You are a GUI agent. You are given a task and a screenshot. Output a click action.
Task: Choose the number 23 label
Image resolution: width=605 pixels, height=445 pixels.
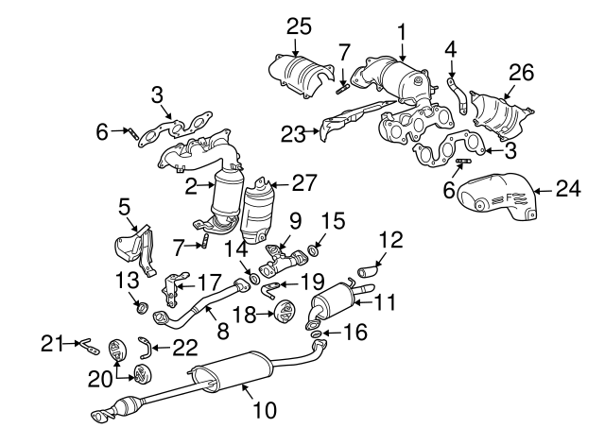[291, 136]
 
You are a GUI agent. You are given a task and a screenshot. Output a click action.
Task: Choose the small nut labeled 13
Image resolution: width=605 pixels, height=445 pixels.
[140, 305]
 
